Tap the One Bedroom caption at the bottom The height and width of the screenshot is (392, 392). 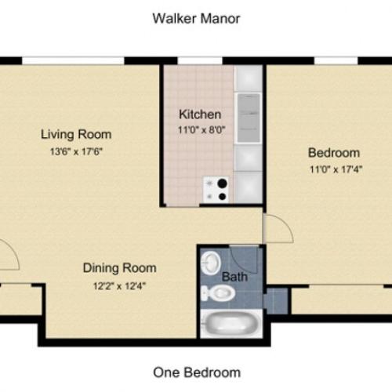coord(196,372)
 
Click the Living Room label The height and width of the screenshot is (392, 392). coord(76,133)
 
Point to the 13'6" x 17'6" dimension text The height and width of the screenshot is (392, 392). coord(76,151)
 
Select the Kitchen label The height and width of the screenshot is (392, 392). coord(199,114)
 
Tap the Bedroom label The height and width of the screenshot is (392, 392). coord(333,153)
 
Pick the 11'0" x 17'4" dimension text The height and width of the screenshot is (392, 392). coord(333,169)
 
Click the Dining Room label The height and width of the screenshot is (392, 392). coord(119,267)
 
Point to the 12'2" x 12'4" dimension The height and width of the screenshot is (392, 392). coord(119,285)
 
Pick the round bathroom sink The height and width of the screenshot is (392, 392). coord(211,262)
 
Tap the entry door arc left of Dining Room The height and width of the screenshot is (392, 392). coord(8,255)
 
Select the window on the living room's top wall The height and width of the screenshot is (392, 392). coord(72,60)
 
